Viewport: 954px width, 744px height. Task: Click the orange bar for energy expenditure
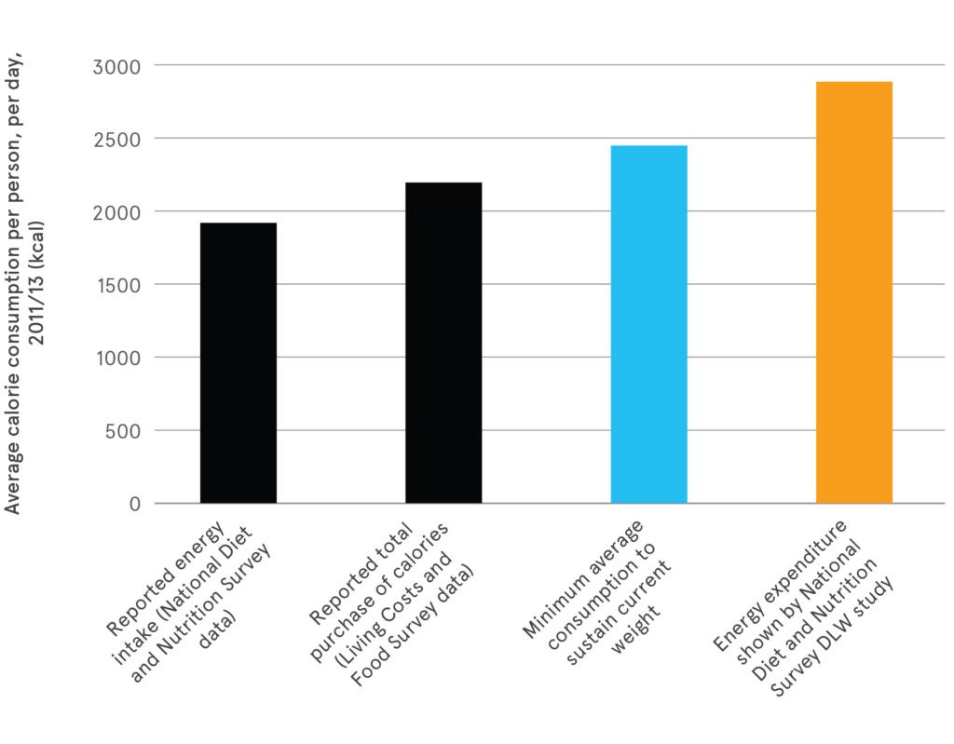[x=853, y=292]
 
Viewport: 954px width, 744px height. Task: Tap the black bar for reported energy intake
[x=238, y=363]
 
